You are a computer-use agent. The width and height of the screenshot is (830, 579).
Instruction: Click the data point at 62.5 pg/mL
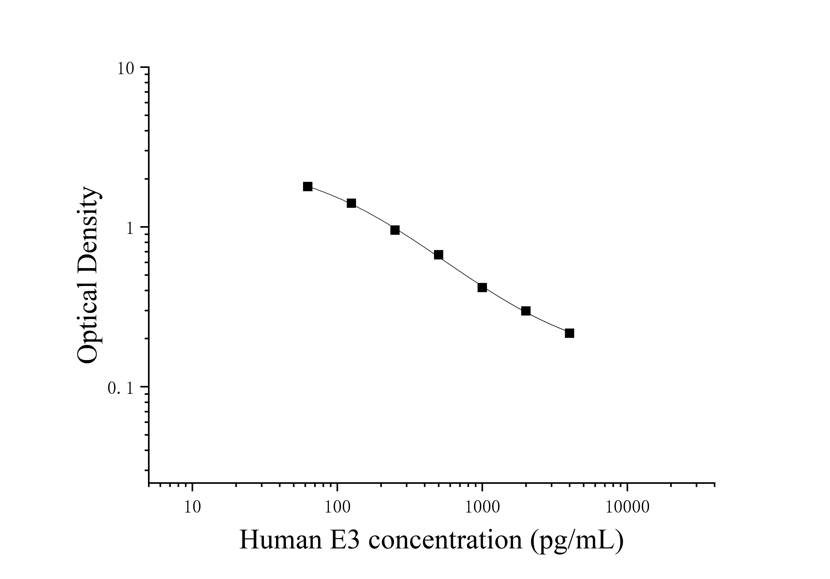(x=308, y=186)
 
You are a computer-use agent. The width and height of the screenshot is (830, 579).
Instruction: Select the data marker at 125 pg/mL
(x=351, y=203)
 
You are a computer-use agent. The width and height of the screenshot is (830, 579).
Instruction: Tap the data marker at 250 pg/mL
(x=395, y=230)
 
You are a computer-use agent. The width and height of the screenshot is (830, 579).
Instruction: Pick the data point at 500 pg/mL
(x=438, y=255)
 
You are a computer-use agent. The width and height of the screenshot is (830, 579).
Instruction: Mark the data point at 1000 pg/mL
(x=482, y=288)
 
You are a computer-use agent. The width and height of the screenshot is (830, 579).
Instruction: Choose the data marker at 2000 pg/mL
(x=526, y=311)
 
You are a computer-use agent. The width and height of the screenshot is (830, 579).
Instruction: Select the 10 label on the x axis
(x=192, y=507)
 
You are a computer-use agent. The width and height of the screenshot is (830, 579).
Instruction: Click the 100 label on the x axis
(x=337, y=507)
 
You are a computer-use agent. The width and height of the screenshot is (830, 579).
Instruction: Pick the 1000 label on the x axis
(x=482, y=507)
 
